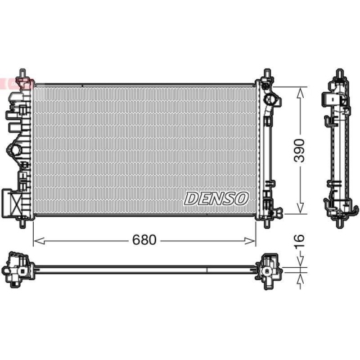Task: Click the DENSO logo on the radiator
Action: pyautogui.click(x=216, y=199)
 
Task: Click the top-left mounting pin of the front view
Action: pyautogui.click(x=27, y=75)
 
